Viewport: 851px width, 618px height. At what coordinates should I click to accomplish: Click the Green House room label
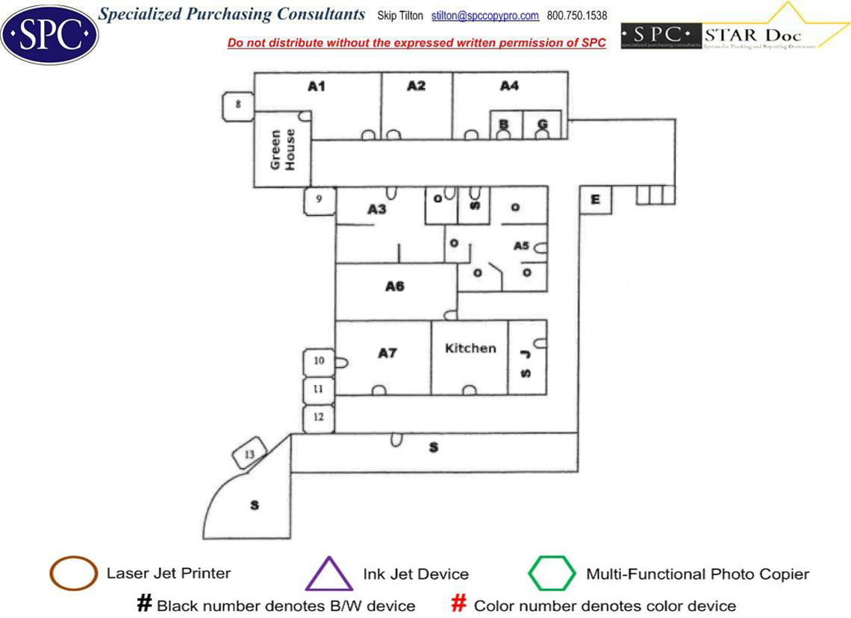(283, 149)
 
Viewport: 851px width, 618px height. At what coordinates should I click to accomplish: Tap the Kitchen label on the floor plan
(470, 348)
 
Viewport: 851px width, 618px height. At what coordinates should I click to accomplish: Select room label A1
(317, 87)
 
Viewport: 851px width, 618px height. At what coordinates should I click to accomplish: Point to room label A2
(416, 86)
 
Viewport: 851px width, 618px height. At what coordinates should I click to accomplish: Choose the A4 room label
(509, 86)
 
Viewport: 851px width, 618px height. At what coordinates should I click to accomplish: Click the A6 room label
(395, 286)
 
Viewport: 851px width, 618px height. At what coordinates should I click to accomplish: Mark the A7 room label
(387, 353)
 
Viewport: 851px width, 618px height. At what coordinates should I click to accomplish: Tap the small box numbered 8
(238, 104)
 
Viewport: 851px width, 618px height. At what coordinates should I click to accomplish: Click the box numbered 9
(319, 200)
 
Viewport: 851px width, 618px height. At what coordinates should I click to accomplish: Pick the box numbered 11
(318, 390)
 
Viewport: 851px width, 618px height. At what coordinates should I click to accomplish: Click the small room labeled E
(595, 199)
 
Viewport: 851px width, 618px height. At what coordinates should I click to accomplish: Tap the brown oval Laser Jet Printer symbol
(72, 574)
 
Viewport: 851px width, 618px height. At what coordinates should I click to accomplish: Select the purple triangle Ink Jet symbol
(328, 575)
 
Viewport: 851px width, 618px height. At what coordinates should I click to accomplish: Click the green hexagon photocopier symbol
(552, 574)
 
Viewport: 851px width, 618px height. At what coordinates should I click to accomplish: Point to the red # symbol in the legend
(460, 604)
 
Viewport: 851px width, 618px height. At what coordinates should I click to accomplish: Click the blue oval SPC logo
(49, 34)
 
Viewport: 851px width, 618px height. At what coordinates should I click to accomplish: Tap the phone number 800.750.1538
(577, 16)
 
